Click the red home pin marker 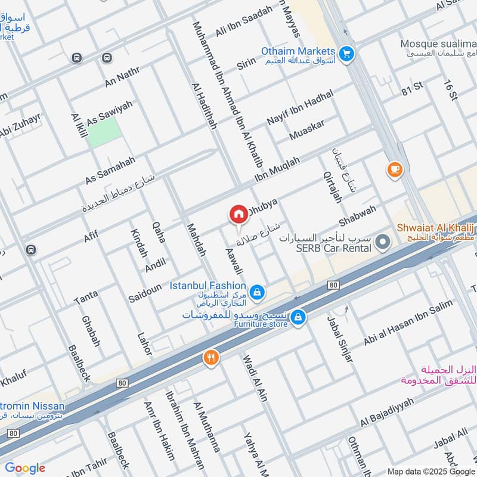tap(238, 214)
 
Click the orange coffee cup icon tap(394, 170)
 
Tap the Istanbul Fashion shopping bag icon tap(256, 292)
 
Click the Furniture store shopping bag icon tap(299, 318)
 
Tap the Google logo tap(25, 468)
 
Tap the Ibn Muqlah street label tap(277, 169)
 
